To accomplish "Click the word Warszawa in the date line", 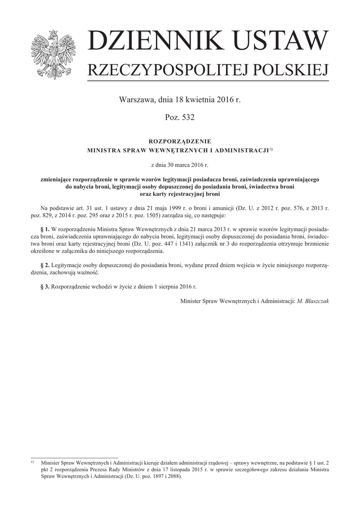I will [x=136, y=100].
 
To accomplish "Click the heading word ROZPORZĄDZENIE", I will [x=180, y=141].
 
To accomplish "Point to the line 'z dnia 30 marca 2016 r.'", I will [x=180, y=164].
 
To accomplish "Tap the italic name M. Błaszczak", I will [x=313, y=301].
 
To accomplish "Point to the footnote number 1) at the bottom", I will [x=32, y=461].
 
